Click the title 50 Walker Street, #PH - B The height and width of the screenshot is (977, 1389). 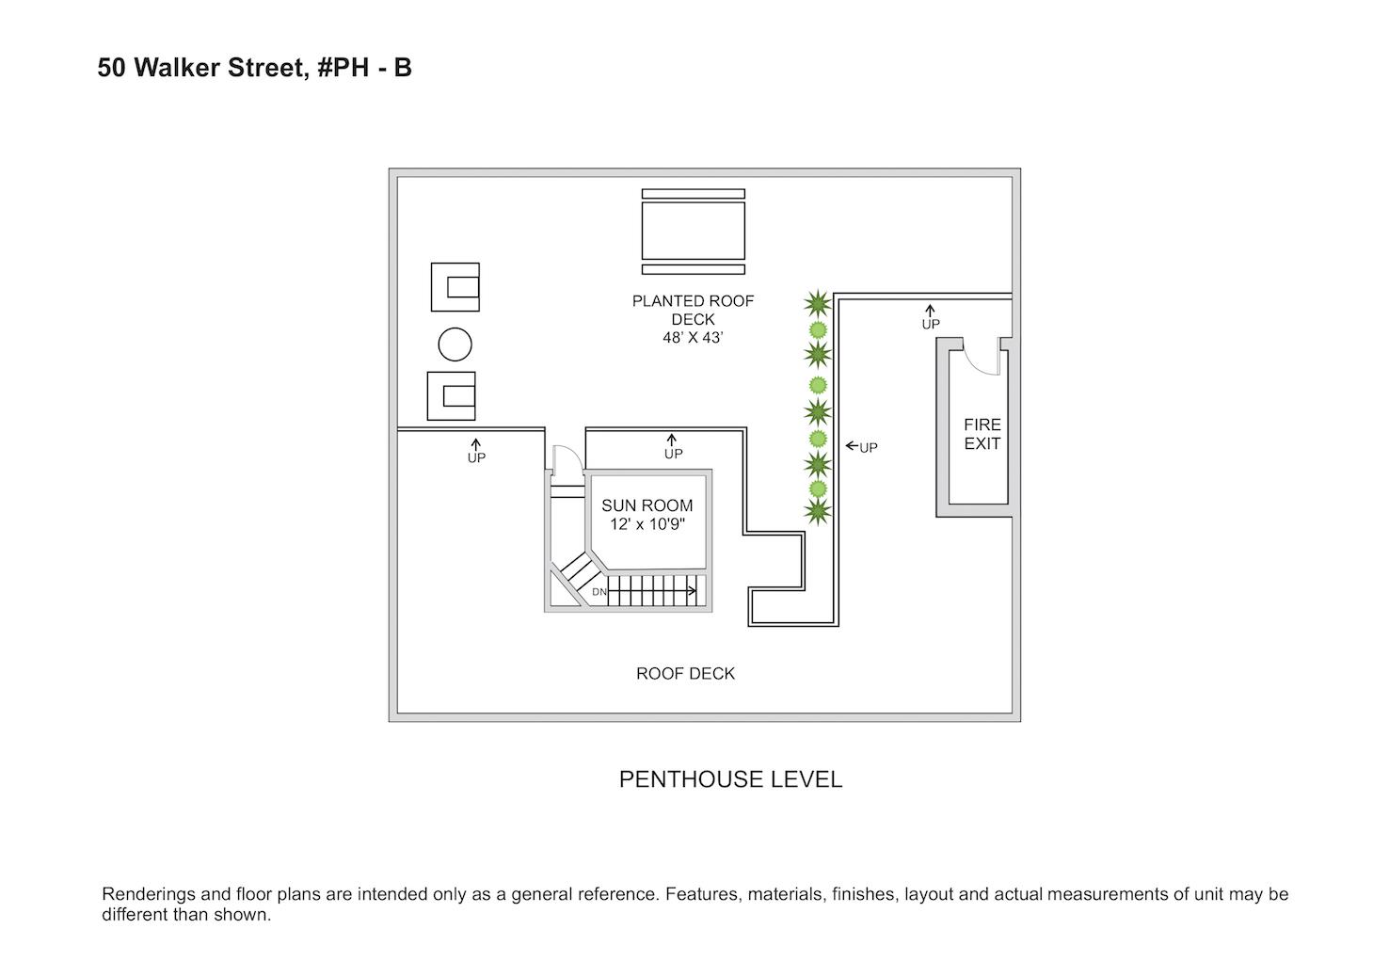click(x=254, y=68)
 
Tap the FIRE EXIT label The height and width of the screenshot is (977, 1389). click(x=982, y=434)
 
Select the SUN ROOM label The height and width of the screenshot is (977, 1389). click(x=647, y=505)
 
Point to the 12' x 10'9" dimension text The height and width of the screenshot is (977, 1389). click(x=647, y=524)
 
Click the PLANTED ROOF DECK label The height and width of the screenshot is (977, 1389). click(x=693, y=310)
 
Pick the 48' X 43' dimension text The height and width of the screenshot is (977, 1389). click(x=693, y=338)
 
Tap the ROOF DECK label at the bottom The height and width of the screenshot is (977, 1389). click(x=685, y=674)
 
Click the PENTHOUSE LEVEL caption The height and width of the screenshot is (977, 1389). click(x=730, y=779)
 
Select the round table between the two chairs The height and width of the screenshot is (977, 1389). click(x=455, y=344)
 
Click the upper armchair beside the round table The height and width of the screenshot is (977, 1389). click(x=455, y=287)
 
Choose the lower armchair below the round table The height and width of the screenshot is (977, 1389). click(x=452, y=396)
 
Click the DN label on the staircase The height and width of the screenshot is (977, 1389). click(x=599, y=592)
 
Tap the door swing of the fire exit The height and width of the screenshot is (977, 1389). click(x=982, y=361)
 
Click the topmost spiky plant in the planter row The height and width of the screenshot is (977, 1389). click(x=817, y=303)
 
